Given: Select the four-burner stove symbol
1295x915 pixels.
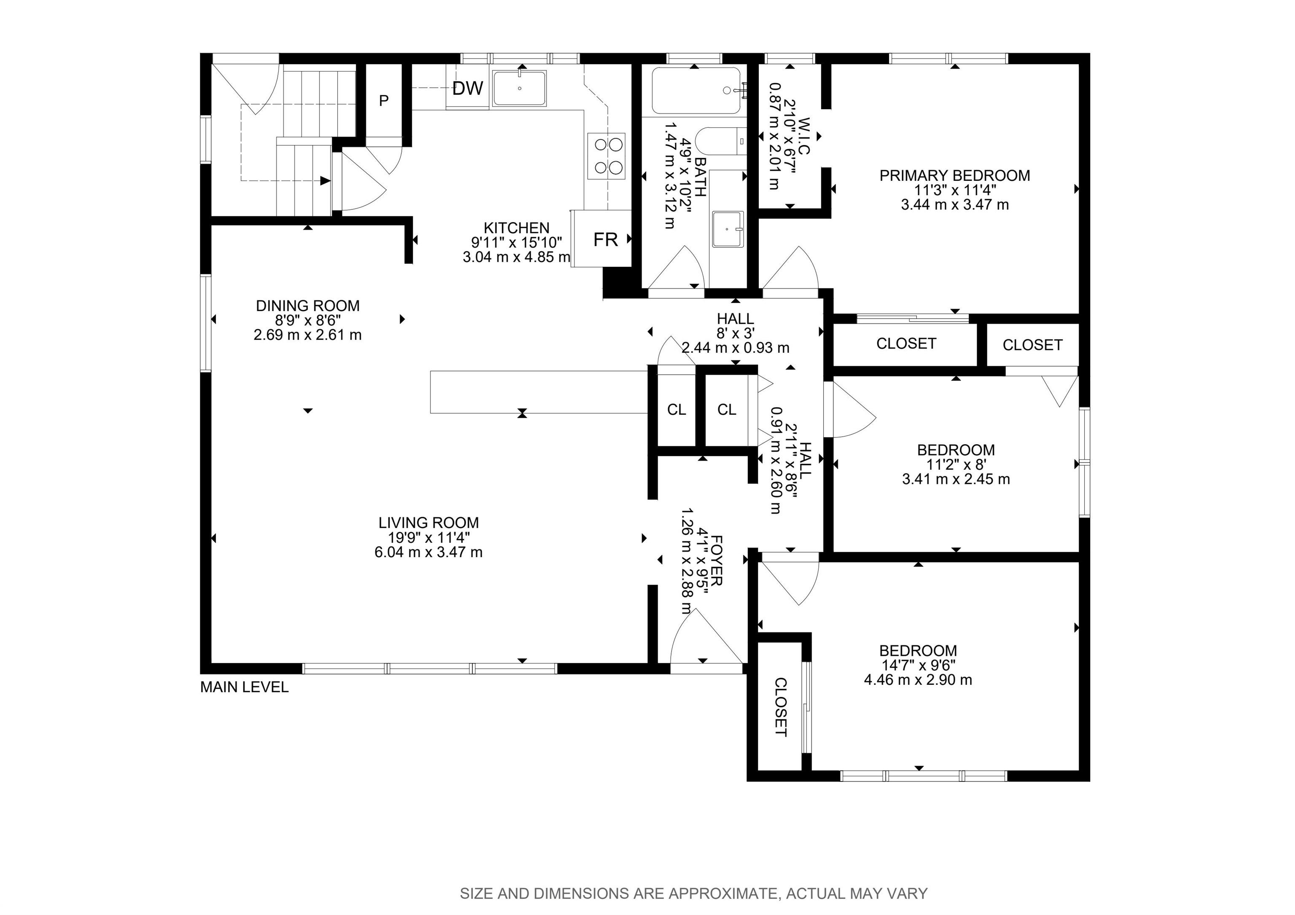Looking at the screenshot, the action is coord(606,156).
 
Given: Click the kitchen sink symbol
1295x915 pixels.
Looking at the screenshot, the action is coord(519,88).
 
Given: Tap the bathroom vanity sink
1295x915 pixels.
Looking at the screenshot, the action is coord(728,229).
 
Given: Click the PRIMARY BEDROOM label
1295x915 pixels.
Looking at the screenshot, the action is coord(955,175).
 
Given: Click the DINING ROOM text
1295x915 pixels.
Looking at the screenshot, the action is coord(308,306).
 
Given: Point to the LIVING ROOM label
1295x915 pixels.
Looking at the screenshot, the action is coord(429,523).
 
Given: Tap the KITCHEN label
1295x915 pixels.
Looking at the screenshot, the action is coord(517,228).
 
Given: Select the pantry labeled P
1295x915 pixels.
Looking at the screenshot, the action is coord(384,100).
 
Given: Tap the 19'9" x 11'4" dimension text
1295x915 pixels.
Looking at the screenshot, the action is coord(429,537).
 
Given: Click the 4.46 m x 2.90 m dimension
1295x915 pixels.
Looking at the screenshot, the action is coord(918,680).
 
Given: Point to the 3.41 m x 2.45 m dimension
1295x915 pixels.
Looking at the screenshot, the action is coord(956,479).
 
